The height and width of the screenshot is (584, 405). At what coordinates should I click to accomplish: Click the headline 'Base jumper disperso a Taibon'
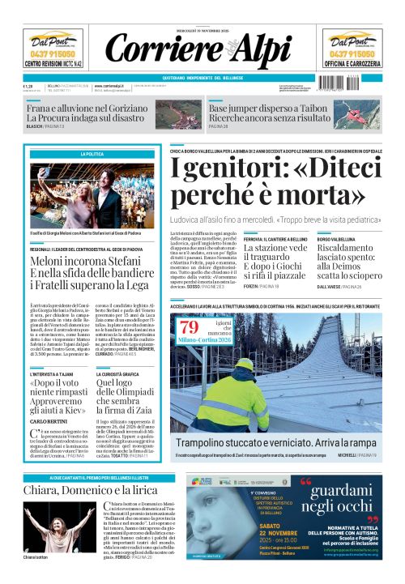(x=264, y=108)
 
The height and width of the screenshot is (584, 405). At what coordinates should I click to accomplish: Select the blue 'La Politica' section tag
(x=92, y=154)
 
